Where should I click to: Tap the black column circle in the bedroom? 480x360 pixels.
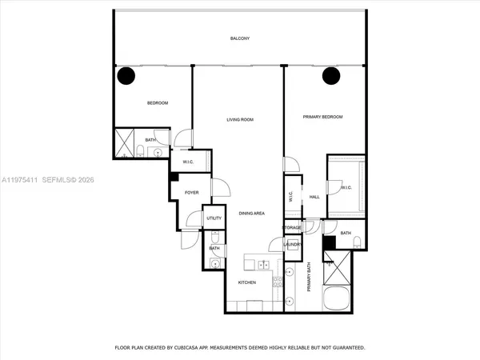coord(126,76)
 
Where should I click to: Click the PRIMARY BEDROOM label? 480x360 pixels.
coord(322,117)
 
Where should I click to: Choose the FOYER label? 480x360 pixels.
coord(191,192)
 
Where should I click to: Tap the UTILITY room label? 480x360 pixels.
coord(214,218)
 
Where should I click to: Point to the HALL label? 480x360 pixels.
coord(314,197)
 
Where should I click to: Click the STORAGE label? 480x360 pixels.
coord(292,228)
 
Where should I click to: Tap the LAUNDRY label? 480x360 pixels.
coord(292,245)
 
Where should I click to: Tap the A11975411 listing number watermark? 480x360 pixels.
coord(25,181)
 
